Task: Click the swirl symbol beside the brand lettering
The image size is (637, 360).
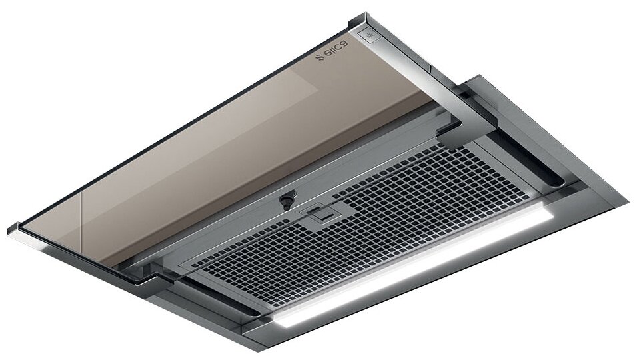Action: tap(320, 58)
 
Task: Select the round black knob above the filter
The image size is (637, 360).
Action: tap(287, 202)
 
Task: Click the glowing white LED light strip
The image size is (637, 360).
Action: tap(414, 269)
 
